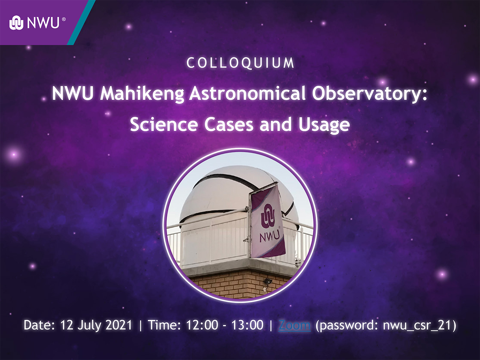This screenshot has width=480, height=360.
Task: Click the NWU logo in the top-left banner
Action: pyautogui.click(x=37, y=23)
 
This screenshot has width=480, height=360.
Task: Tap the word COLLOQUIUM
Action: pyautogui.click(x=240, y=63)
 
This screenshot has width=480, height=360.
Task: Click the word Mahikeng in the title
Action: pyautogui.click(x=142, y=94)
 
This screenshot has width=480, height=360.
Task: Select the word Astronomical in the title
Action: pyautogui.click(x=247, y=93)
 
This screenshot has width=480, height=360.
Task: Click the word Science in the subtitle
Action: pyautogui.click(x=164, y=124)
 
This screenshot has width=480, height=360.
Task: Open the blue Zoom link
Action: pyautogui.click(x=294, y=325)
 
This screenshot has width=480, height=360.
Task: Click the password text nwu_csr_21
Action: pyautogui.click(x=417, y=325)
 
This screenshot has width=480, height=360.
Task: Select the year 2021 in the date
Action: pyautogui.click(x=119, y=325)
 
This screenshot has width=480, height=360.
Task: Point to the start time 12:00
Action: pyautogui.click(x=202, y=325)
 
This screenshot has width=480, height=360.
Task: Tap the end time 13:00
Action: pyautogui.click(x=247, y=325)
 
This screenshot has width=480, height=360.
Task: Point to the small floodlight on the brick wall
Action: pyautogui.click(x=268, y=281)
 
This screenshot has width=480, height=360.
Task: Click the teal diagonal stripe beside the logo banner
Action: pyautogui.click(x=81, y=23)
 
